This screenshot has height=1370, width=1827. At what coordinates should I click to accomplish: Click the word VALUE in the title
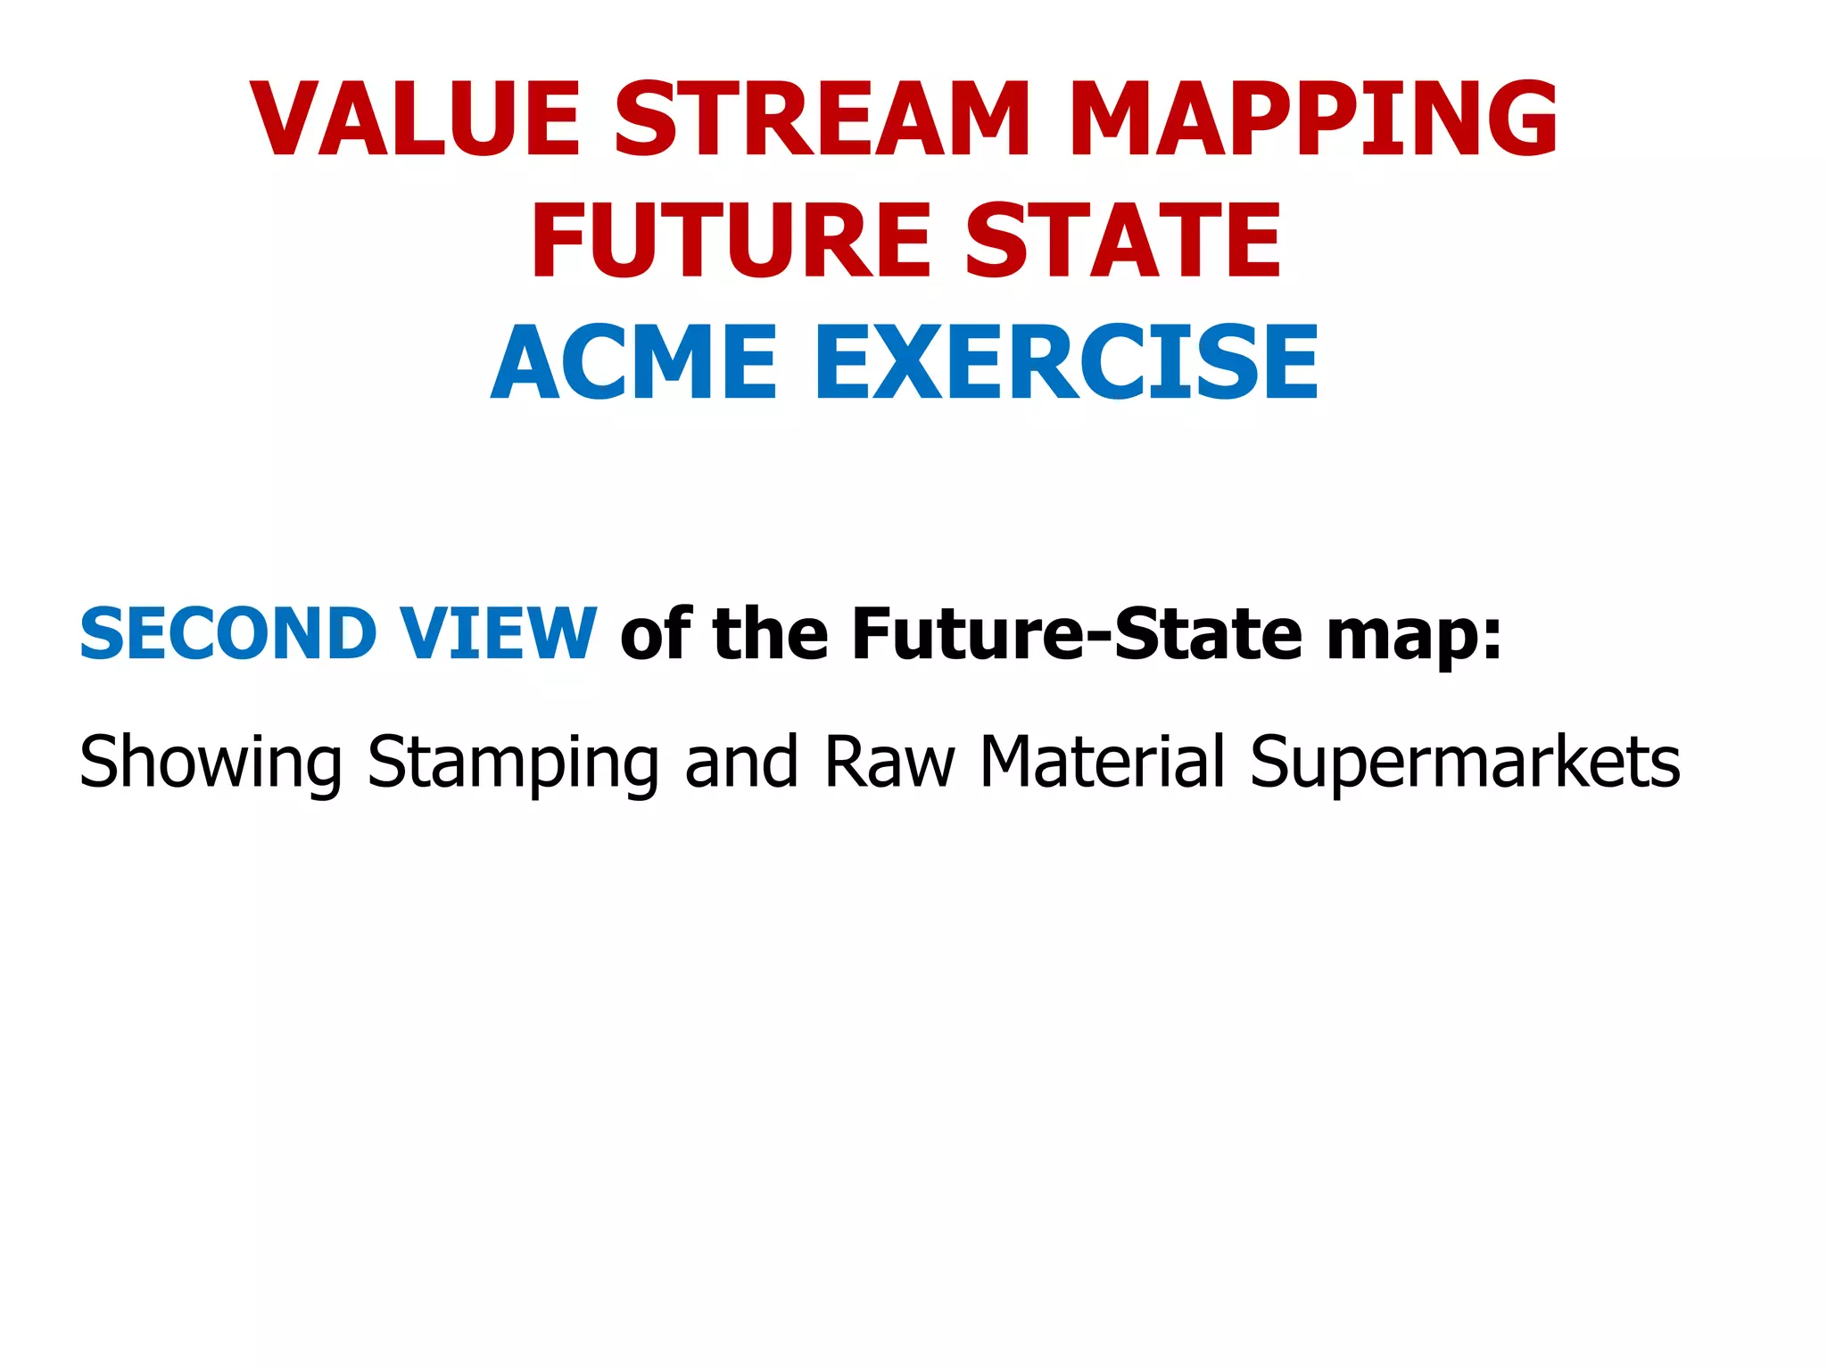[x=416, y=120]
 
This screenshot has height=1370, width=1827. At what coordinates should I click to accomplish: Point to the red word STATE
[x=1123, y=241]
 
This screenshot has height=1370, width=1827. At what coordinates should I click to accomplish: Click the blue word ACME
[x=634, y=363]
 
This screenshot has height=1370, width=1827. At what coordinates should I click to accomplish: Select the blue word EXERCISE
[x=1066, y=363]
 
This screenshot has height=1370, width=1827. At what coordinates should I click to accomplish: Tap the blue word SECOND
[x=228, y=634]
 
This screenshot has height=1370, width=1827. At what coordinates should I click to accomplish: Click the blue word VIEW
[x=497, y=634]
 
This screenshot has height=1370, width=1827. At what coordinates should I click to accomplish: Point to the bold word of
[x=657, y=634]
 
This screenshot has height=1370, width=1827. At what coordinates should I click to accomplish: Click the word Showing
[x=211, y=763]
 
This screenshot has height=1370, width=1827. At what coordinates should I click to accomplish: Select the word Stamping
[x=513, y=763]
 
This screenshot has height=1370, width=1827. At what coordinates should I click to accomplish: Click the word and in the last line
[x=740, y=763]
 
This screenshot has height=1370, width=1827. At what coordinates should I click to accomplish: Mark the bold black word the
[x=772, y=634]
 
